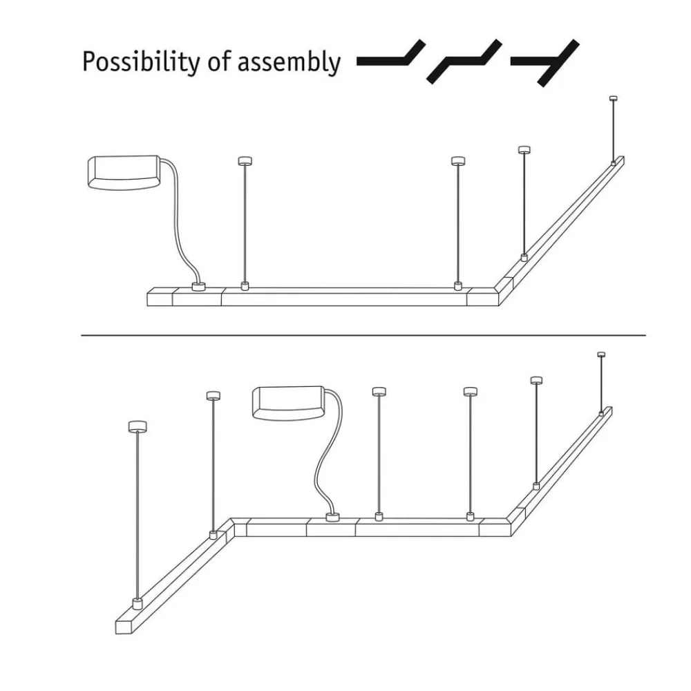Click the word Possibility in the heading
[x=140, y=61]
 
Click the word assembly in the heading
[x=289, y=61]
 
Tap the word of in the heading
[x=218, y=61]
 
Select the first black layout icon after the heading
[x=391, y=54]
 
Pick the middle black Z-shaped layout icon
[x=464, y=61]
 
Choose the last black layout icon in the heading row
[x=545, y=63]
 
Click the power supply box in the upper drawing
[x=124, y=172]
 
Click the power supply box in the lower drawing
[x=288, y=404]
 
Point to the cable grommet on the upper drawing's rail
[x=199, y=287]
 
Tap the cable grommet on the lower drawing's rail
[x=333, y=518]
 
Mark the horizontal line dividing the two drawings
[x=363, y=335]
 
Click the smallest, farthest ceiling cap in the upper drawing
[x=613, y=98]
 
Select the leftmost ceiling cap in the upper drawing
[x=245, y=161]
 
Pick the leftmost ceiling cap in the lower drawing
[x=138, y=426]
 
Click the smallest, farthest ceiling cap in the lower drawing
[x=601, y=354]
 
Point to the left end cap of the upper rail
[x=160, y=296]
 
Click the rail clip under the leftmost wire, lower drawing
[x=138, y=604]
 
